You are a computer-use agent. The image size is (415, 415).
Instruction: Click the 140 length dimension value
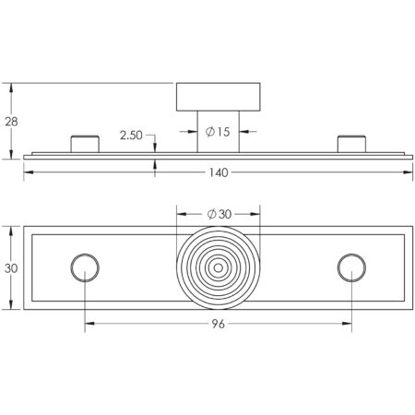[x=219, y=172]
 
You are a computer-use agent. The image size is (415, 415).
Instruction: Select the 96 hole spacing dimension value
[x=219, y=324]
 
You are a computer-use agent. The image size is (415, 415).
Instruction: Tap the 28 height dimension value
[x=11, y=122]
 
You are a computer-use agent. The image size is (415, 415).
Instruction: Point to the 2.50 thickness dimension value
[x=131, y=136]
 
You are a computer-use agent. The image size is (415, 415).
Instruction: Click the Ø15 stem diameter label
[x=218, y=132]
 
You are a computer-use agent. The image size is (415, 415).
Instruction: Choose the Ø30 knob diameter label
[x=219, y=214]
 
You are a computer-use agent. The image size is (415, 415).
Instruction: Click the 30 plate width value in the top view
[x=11, y=268]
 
